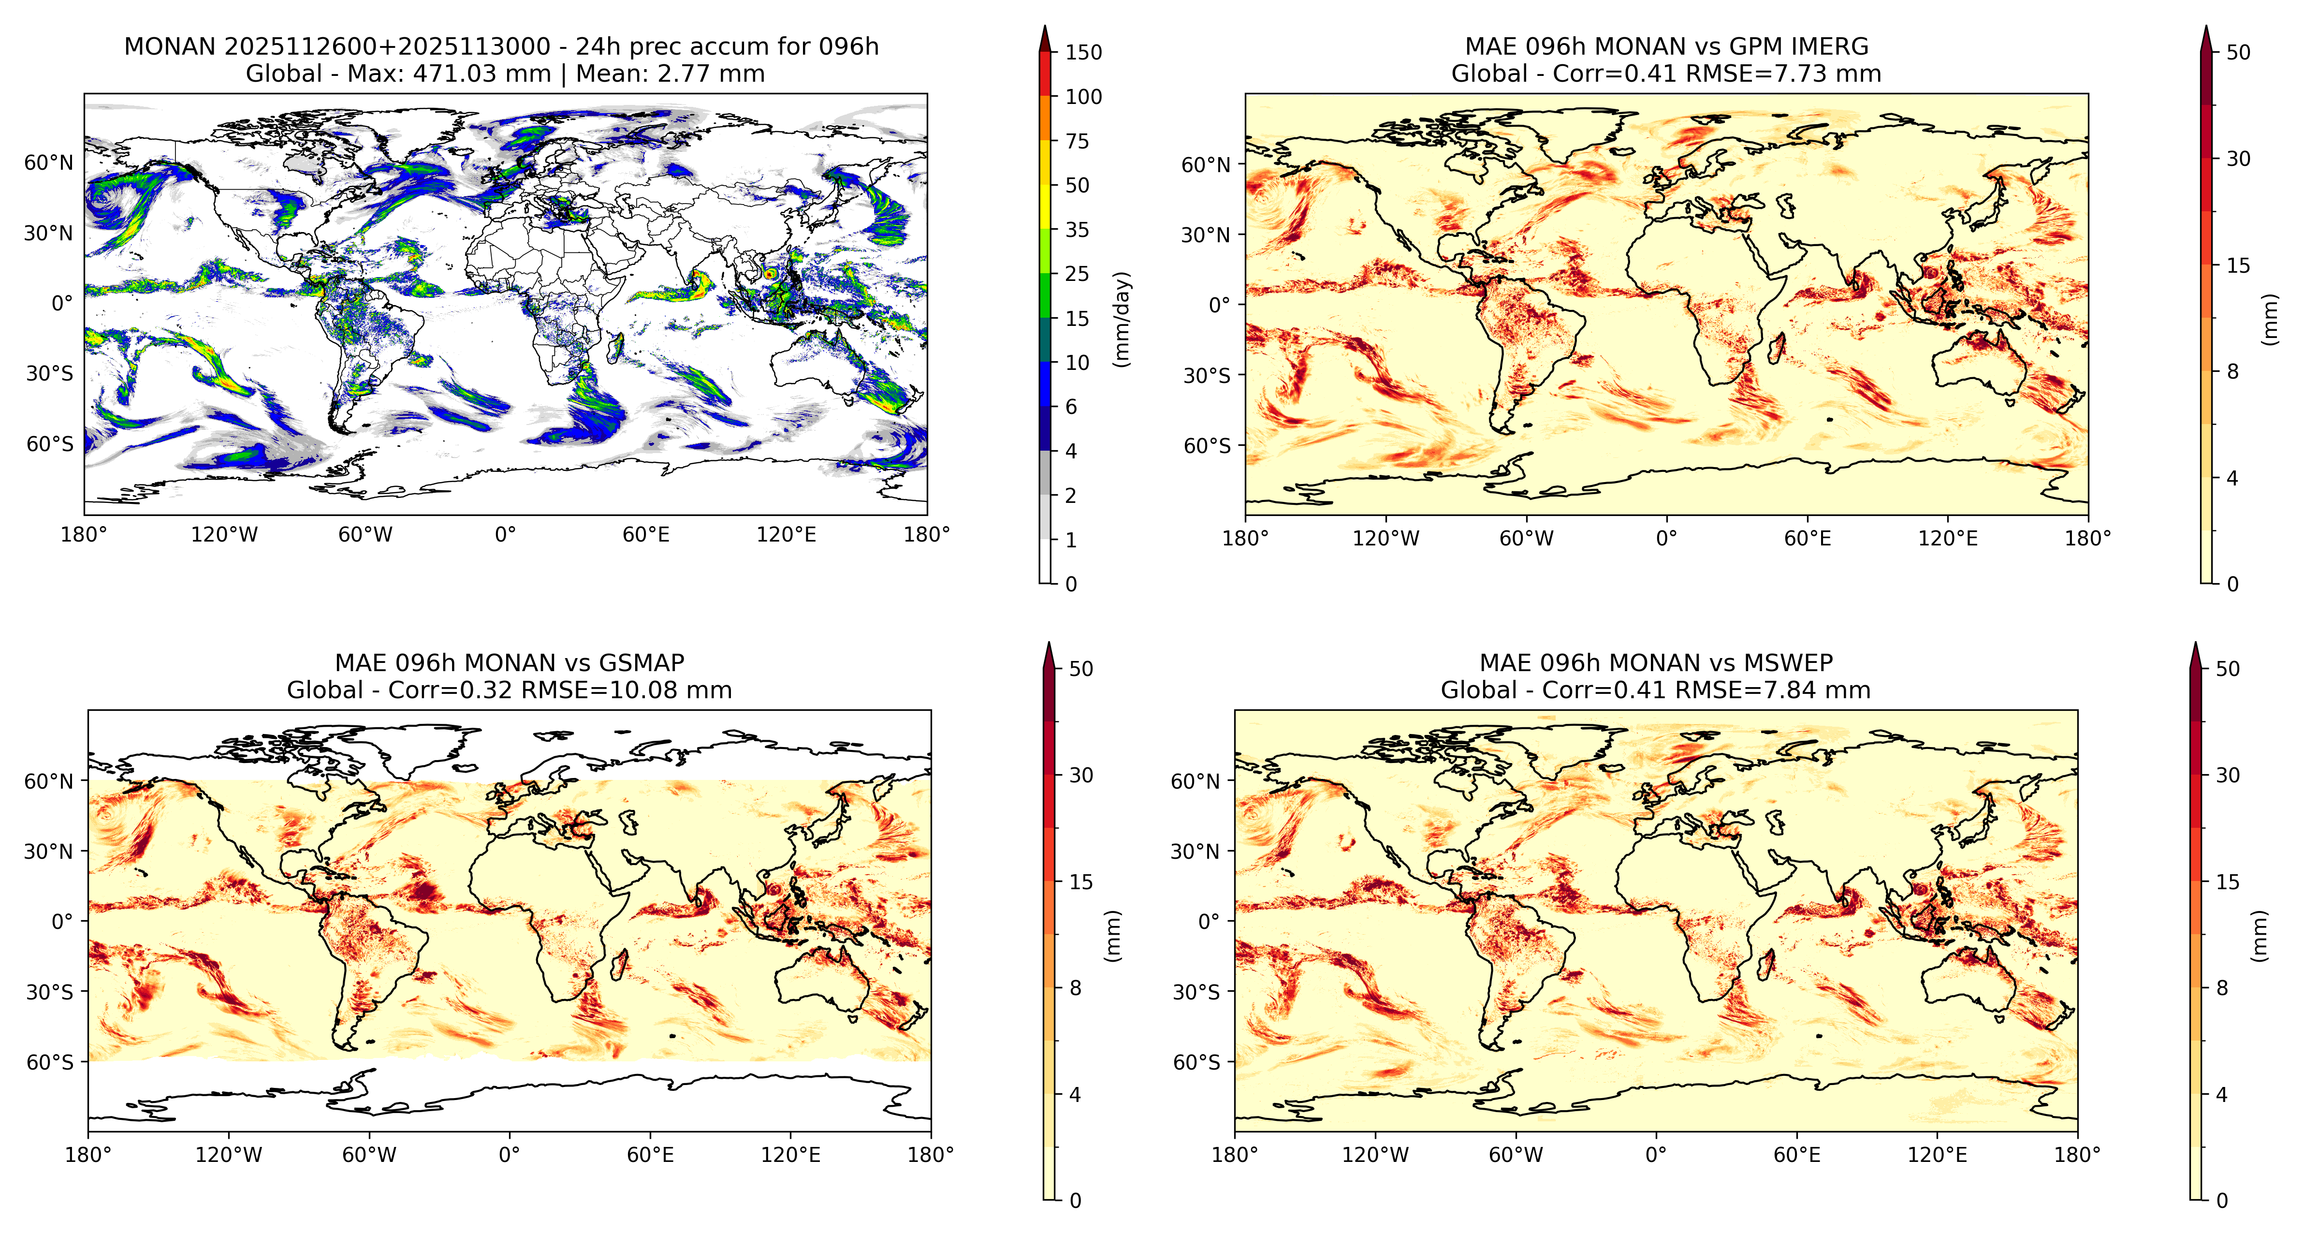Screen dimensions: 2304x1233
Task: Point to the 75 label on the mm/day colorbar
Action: click(x=1077, y=141)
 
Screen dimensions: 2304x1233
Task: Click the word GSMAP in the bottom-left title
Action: click(x=642, y=663)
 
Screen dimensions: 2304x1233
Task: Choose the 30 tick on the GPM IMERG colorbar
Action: click(x=2238, y=159)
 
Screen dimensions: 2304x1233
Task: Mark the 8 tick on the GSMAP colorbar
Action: click(x=1075, y=988)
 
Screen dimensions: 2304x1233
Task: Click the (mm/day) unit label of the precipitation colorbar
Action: click(x=1122, y=319)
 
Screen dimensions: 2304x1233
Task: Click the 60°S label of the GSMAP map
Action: click(x=50, y=1062)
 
